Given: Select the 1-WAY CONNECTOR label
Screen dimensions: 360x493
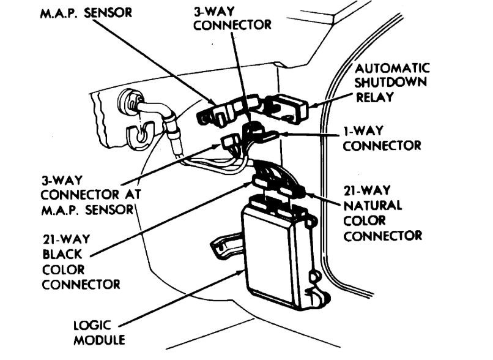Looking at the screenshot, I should pos(381,138).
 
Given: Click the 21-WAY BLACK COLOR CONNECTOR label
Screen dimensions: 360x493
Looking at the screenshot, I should pos(80,262).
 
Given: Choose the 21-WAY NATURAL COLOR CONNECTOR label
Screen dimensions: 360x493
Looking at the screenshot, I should pos(382,212).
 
